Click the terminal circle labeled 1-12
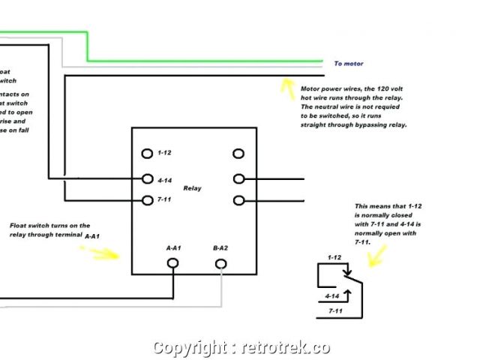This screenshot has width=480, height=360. point(148,154)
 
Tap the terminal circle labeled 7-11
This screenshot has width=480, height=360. point(148,200)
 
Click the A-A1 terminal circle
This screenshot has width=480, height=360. point(172,263)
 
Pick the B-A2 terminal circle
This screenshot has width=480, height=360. point(221,263)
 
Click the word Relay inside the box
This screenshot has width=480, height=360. point(192,188)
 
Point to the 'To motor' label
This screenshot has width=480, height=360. point(348,64)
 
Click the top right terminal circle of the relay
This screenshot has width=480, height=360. point(238,154)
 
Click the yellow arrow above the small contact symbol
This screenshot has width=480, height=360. point(375,254)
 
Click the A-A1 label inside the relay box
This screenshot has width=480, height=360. point(173,247)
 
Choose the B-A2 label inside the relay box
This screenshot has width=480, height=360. point(221,247)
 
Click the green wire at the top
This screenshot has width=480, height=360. point(202,60)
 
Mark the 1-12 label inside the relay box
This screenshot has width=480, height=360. point(165,153)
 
